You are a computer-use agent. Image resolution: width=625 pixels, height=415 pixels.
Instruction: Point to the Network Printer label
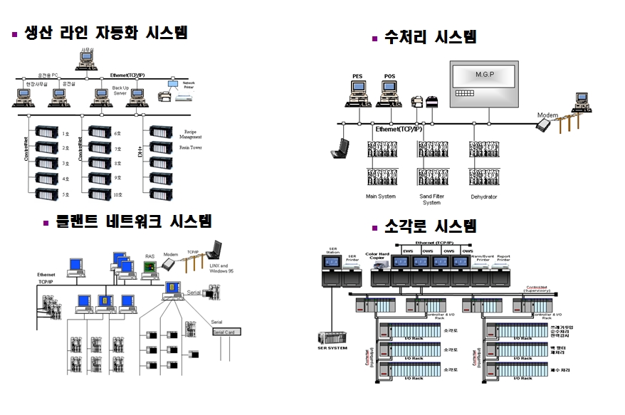pyautogui.click(x=189, y=84)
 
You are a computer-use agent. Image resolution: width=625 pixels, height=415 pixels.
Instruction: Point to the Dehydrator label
pyautogui.click(x=483, y=197)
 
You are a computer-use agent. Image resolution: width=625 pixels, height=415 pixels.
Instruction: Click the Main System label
pyautogui.click(x=381, y=197)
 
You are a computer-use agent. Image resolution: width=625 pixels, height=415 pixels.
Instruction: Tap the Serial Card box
pyautogui.click(x=224, y=332)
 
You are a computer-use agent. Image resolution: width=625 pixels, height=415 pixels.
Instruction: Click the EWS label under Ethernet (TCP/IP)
pyautogui.click(x=408, y=251)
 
